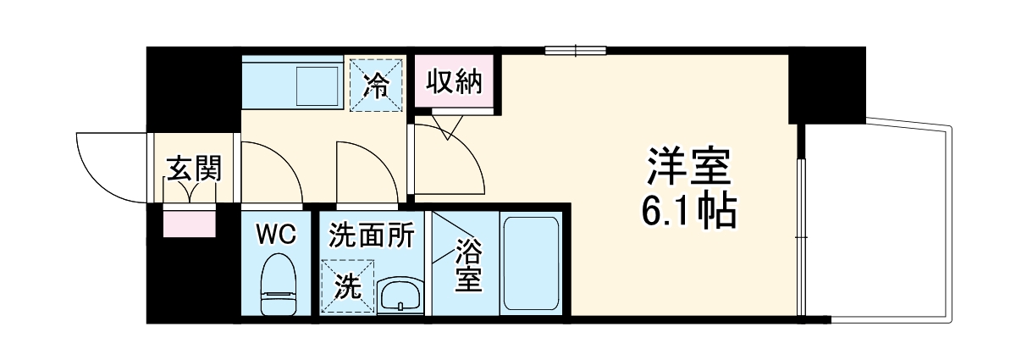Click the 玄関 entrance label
(x=193, y=169)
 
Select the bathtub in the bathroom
(x=530, y=264)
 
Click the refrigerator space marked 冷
(x=376, y=83)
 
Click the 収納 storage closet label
(x=453, y=82)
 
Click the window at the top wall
(x=576, y=49)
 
